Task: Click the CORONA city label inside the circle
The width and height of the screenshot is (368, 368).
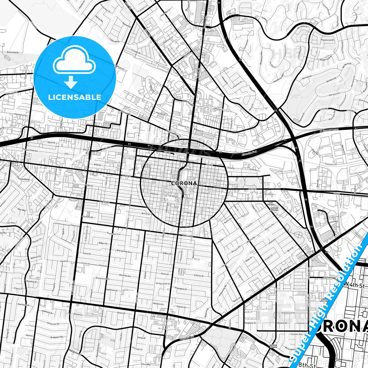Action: (184, 183)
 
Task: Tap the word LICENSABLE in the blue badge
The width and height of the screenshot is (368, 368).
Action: (75, 97)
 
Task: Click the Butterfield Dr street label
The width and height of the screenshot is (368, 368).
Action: (13, 52)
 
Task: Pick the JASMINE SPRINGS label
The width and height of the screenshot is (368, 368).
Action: (274, 209)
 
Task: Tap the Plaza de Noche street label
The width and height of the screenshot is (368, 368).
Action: (23, 179)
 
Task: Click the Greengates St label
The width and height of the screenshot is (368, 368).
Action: (181, 289)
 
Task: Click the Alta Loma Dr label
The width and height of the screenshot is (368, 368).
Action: (87, 217)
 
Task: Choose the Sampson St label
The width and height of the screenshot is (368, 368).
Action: (330, 165)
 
